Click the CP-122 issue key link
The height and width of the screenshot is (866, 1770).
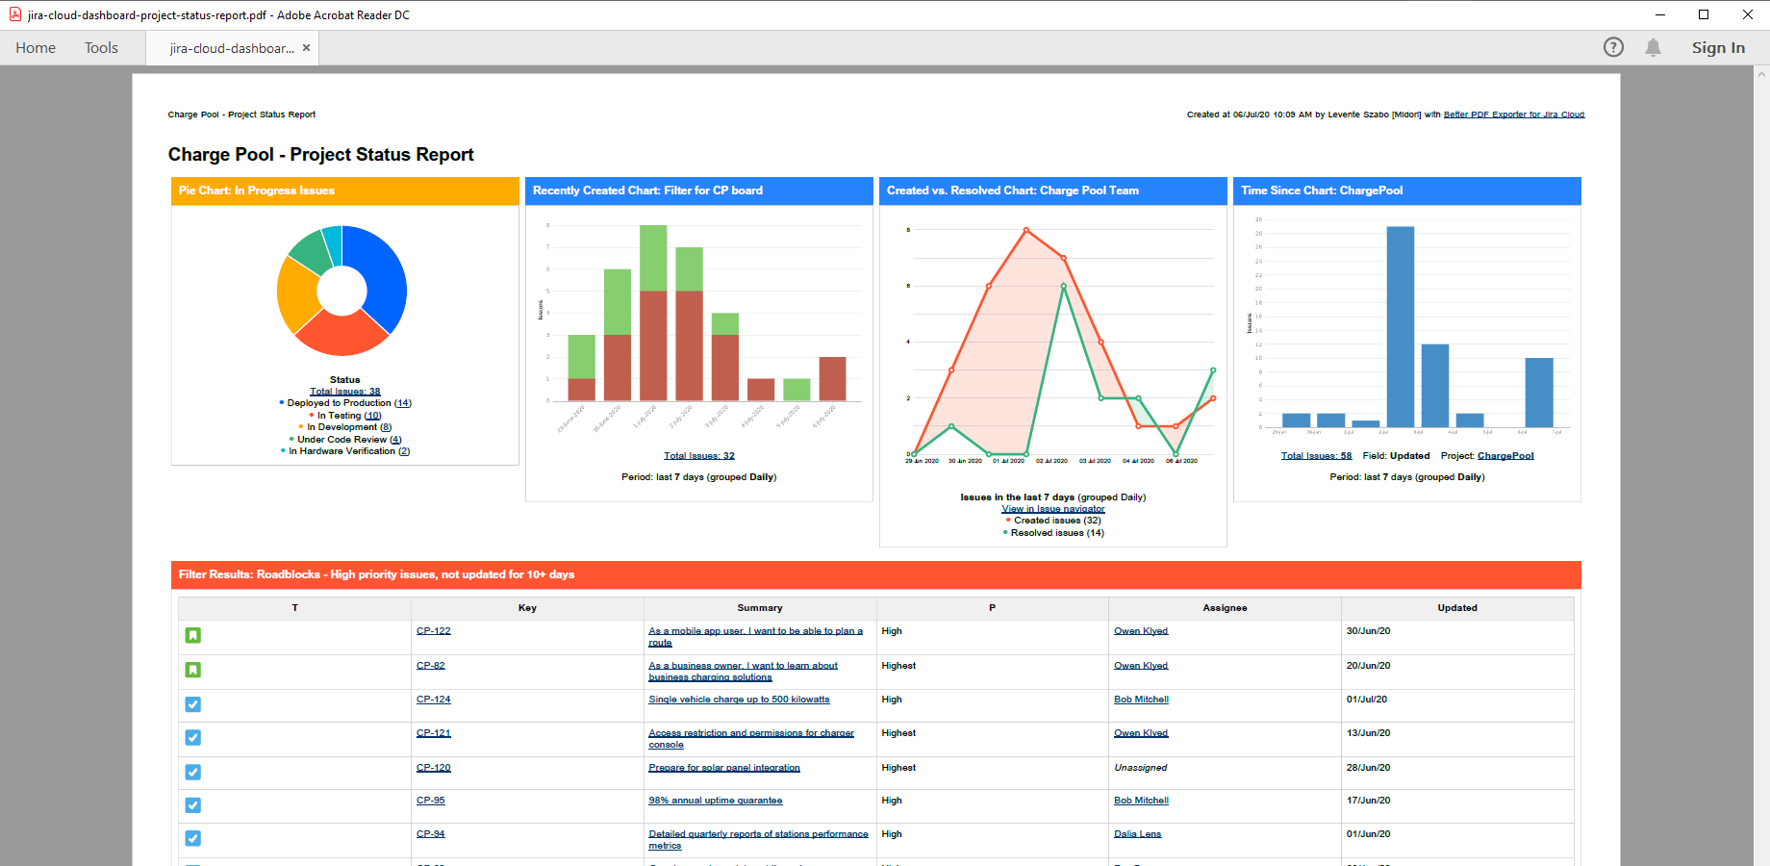tap(433, 631)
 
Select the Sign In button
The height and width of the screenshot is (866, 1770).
tap(1718, 48)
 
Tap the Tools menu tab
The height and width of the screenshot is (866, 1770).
tap(101, 48)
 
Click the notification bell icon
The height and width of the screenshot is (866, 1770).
tap(1653, 48)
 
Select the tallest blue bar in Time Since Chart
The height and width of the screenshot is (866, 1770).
tap(1400, 326)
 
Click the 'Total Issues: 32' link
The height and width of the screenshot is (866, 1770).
tap(698, 456)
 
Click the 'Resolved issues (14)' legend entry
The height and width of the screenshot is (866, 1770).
tap(1056, 533)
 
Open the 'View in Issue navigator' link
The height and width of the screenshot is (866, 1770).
tap(1052, 509)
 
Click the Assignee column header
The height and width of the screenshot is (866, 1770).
tap(1225, 608)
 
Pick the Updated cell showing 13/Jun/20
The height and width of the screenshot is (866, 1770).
tap(1368, 733)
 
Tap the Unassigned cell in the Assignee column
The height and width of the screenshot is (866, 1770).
tap(1140, 768)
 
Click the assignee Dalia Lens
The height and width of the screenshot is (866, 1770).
tap(1137, 834)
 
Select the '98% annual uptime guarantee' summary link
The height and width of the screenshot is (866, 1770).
tap(715, 801)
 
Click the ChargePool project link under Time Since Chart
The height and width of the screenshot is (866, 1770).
tap(1505, 456)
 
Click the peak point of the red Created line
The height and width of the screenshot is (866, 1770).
tap(1026, 230)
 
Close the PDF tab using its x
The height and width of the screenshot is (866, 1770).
tap(306, 48)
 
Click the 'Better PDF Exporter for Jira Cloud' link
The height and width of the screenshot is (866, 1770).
tap(1513, 115)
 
